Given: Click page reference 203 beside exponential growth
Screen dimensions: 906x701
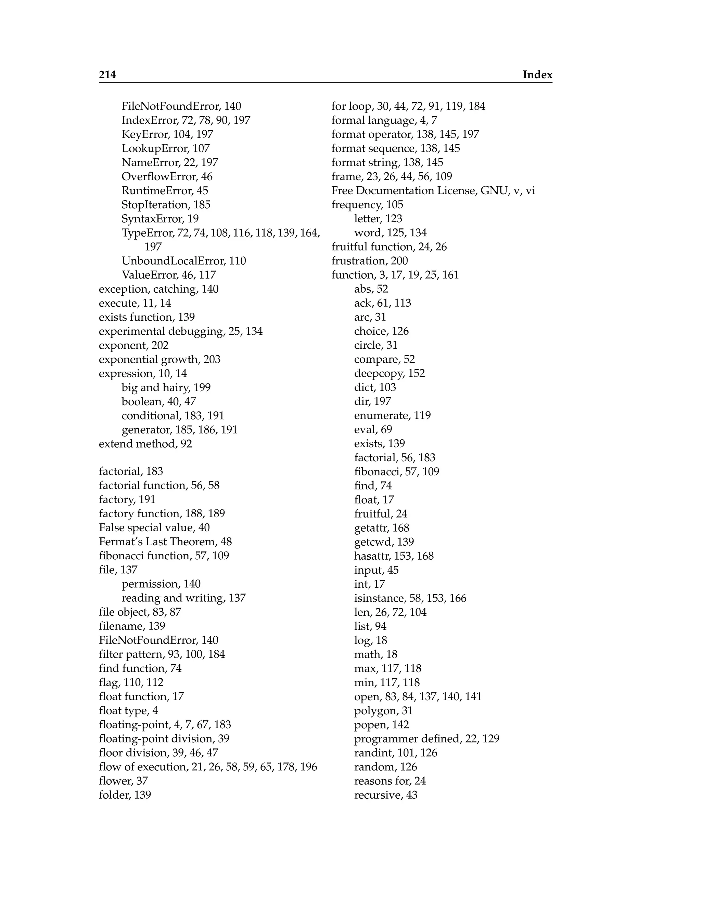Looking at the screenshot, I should (212, 359).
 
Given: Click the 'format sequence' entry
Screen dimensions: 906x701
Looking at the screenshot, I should (373, 148).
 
